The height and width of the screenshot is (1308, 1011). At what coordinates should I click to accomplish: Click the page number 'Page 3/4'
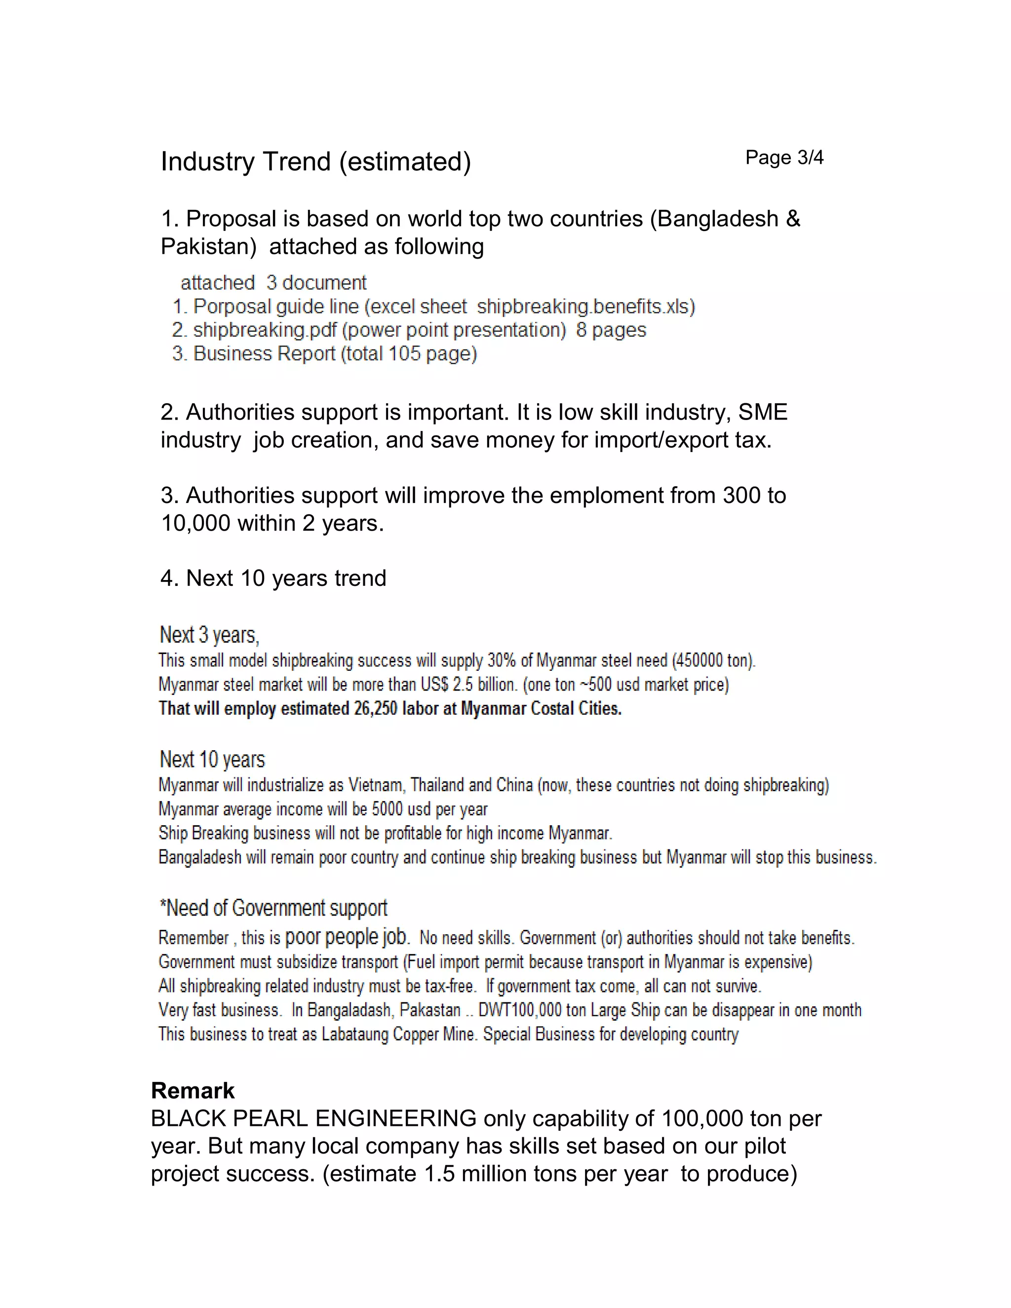(x=784, y=157)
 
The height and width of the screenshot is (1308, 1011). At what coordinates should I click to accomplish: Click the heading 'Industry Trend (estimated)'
(x=315, y=162)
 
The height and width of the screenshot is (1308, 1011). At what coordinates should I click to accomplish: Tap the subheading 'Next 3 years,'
(x=209, y=635)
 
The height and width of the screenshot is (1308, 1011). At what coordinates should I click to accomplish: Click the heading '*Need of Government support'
(x=273, y=908)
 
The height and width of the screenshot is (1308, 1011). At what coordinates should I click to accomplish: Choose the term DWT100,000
(x=519, y=1010)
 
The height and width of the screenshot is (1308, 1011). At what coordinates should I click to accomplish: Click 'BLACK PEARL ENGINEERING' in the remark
(x=313, y=1118)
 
